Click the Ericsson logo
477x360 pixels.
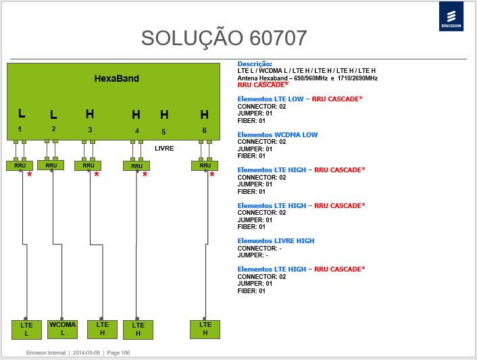(x=451, y=16)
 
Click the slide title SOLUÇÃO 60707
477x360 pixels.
(x=224, y=38)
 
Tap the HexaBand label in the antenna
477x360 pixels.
(x=116, y=78)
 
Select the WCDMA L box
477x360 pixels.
(x=62, y=330)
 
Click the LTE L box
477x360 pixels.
(x=26, y=330)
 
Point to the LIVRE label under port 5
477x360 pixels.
(x=164, y=149)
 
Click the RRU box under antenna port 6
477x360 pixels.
(x=205, y=165)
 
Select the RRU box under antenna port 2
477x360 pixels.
(x=51, y=165)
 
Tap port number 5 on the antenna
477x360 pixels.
(x=164, y=132)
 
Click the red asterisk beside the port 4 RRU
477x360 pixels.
(x=145, y=174)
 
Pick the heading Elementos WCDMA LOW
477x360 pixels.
(x=278, y=134)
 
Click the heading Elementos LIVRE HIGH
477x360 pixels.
(x=276, y=241)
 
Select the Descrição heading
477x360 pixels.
(x=255, y=64)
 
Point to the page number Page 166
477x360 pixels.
(x=118, y=353)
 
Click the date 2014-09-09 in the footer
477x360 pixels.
(x=86, y=353)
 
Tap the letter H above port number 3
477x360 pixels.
(x=90, y=114)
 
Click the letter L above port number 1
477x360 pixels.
(x=22, y=113)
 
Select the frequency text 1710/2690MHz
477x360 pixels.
(x=357, y=78)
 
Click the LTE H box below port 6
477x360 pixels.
(x=205, y=330)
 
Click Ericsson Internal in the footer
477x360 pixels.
(x=46, y=353)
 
